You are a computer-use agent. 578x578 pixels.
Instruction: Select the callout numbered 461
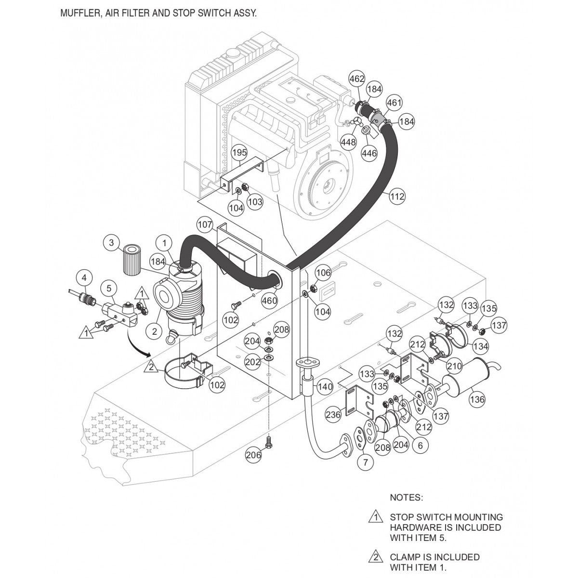tap(394, 103)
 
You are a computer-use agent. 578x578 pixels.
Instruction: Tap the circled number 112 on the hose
tap(398, 197)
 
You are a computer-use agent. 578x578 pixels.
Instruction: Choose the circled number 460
tap(269, 301)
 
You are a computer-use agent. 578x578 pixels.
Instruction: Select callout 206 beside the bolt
tap(253, 455)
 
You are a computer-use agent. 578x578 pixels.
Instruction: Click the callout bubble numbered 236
tap(333, 414)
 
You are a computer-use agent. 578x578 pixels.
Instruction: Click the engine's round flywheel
tap(329, 183)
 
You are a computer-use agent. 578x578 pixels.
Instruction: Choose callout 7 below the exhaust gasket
tap(365, 463)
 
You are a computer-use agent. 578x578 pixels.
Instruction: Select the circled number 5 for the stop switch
tap(109, 289)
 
